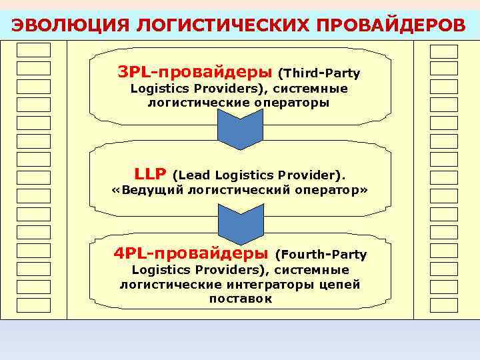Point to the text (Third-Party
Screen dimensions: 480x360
(319, 72)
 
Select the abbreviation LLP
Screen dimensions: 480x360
(150, 175)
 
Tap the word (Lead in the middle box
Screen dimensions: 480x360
(191, 176)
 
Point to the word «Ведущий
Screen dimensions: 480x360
(147, 191)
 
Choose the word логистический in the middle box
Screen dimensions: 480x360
(240, 191)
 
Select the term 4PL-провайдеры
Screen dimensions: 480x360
(191, 253)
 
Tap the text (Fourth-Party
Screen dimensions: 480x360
(320, 255)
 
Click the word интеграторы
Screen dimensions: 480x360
(271, 285)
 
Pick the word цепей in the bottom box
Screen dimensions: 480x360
(340, 285)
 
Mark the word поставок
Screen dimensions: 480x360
(241, 299)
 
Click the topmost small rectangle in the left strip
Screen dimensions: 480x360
(33, 50)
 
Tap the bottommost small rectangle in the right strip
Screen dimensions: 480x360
(444, 305)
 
